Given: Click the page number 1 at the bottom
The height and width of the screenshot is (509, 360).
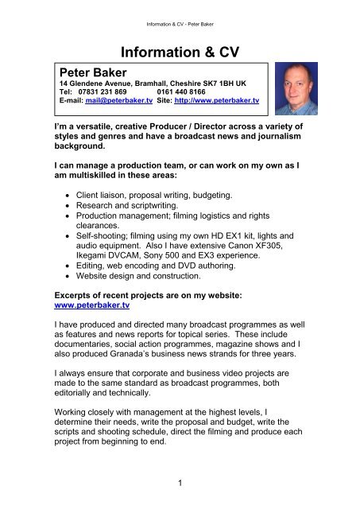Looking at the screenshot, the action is click(x=180, y=487).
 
